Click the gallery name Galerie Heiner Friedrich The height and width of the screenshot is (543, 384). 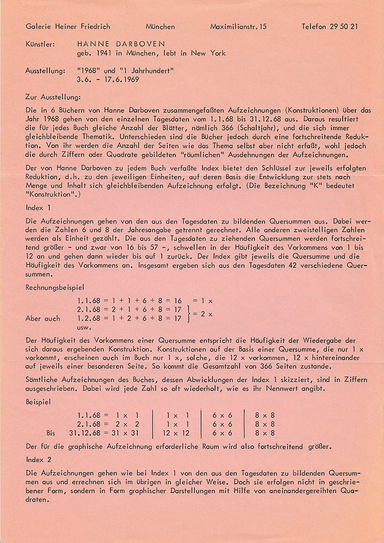click(x=68, y=26)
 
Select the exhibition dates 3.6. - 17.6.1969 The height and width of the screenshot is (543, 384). click(x=109, y=79)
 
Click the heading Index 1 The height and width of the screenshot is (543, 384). click(x=39, y=207)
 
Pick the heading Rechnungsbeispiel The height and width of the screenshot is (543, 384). click(x=56, y=288)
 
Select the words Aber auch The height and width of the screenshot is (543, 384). click(x=43, y=318)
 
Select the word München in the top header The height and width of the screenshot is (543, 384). click(x=160, y=26)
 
